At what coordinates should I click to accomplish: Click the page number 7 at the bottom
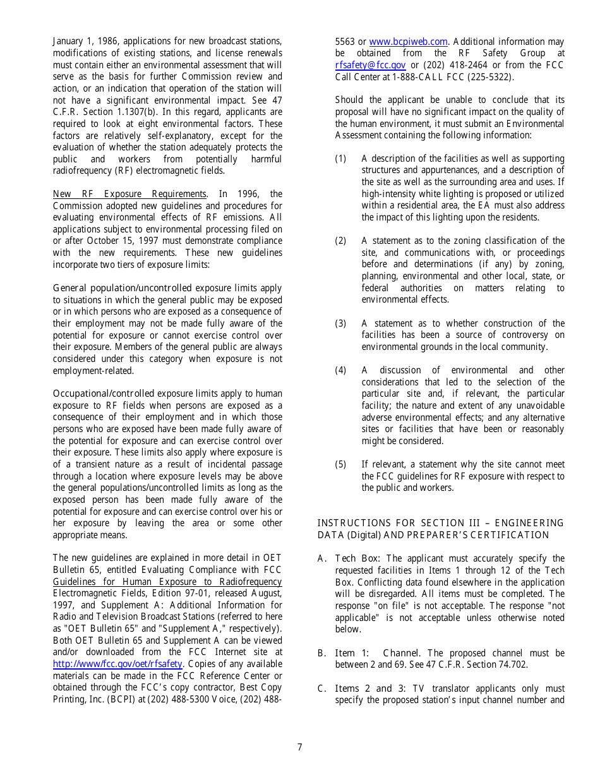pos(299,747)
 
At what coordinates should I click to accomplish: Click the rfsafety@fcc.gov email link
pos(370,65)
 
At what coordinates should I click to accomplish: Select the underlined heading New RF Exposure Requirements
pos(129,194)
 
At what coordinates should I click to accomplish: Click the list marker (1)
pos(340,159)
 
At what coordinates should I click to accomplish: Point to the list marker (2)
pos(340,241)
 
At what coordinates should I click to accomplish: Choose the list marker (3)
pos(340,323)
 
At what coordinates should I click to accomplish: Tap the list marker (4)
pos(340,370)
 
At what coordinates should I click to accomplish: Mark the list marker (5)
pos(340,464)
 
